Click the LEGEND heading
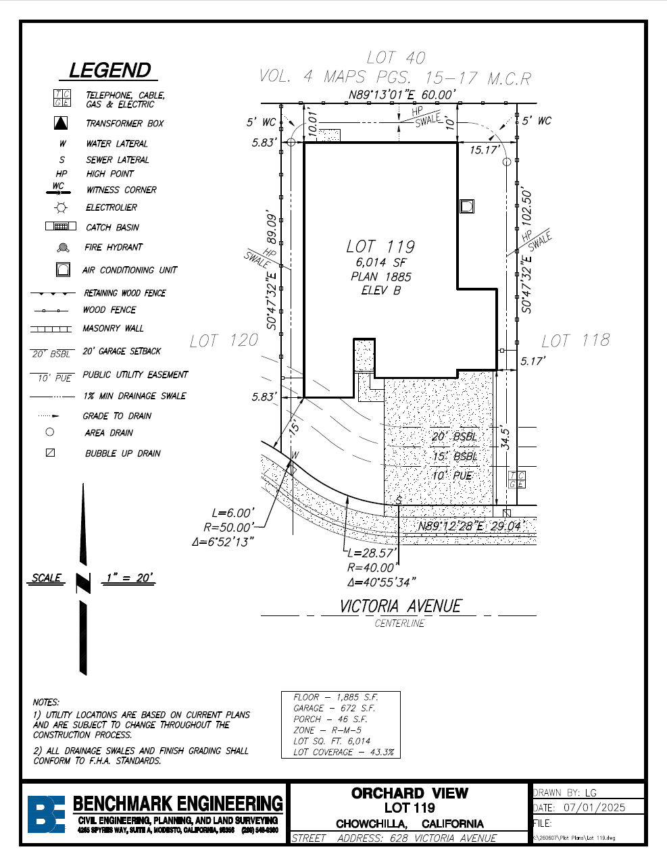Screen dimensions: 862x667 (x=109, y=70)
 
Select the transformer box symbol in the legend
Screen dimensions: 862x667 (x=61, y=123)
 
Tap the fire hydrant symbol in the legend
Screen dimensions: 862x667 (x=63, y=248)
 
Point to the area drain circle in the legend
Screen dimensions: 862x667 (x=50, y=432)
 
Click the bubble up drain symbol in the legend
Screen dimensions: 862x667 (x=50, y=453)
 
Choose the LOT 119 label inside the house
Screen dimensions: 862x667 (x=380, y=247)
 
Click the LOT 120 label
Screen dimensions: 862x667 (x=224, y=340)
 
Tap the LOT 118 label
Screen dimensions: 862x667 (x=576, y=340)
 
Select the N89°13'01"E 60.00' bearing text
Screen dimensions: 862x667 (x=402, y=95)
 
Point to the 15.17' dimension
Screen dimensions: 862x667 (x=485, y=150)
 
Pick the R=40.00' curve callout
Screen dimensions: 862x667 (x=370, y=568)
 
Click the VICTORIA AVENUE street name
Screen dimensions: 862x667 (x=401, y=606)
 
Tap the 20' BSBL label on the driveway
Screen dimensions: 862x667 (x=454, y=437)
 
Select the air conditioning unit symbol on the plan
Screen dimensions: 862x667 (x=467, y=206)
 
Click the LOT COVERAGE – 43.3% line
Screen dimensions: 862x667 (x=343, y=752)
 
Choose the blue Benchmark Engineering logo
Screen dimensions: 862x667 (x=46, y=813)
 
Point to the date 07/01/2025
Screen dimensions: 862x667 (x=594, y=807)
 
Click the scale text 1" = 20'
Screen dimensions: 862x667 (x=130, y=578)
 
